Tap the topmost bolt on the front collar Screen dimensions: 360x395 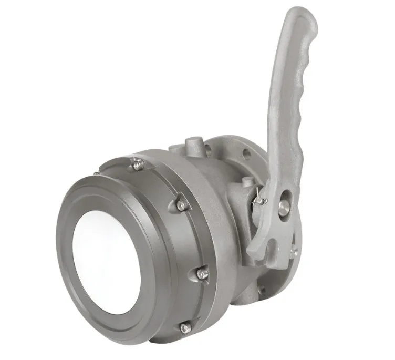click(138, 165)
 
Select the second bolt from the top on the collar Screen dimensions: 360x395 click(181, 205)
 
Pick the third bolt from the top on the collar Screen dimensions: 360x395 click(202, 274)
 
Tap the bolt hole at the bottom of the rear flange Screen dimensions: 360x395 click(261, 290)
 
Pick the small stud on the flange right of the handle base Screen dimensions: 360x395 click(294, 252)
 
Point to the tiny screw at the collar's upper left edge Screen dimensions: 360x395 click(97, 173)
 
